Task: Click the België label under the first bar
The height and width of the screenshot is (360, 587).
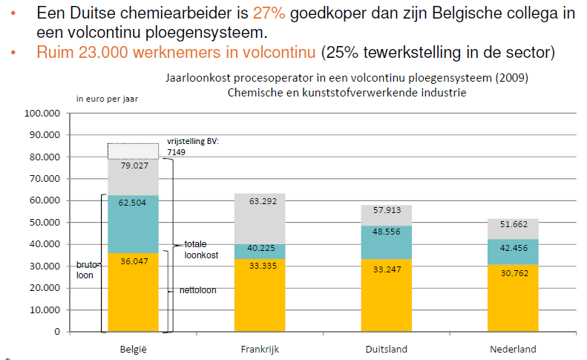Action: (x=133, y=349)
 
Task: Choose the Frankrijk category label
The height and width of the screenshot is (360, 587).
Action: (x=259, y=349)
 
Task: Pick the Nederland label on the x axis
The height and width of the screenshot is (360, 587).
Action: (x=513, y=349)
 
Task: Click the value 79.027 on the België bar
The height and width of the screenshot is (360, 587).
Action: (x=134, y=166)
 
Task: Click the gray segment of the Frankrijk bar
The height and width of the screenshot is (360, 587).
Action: (x=259, y=219)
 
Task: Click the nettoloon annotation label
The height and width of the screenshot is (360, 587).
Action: (x=197, y=290)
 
